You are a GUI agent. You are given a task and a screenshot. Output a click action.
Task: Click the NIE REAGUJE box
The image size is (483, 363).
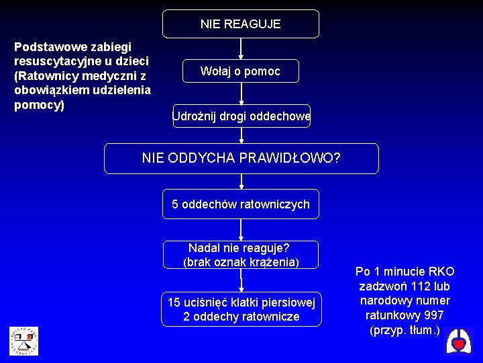pos(241,24)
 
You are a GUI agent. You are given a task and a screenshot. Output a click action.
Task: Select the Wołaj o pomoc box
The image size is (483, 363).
pos(241,71)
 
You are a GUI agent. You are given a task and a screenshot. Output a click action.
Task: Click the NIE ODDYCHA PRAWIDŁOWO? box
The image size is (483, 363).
pos(241,159)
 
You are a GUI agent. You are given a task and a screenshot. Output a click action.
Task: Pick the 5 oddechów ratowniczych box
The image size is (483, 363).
pos(241,204)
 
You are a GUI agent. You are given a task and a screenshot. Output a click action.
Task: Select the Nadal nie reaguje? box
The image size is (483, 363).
pos(241,254)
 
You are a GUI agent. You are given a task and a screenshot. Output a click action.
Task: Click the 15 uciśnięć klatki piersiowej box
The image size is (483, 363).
pos(241,309)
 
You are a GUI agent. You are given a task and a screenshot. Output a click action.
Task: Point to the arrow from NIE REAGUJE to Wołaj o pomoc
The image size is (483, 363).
pos(241,48)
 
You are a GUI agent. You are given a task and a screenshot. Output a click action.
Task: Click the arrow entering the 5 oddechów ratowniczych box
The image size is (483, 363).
pos(241,182)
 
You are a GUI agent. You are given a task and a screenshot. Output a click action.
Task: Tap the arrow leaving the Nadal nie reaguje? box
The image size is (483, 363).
pos(241,280)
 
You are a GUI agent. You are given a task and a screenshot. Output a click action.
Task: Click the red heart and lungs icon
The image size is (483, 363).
pos(459,343)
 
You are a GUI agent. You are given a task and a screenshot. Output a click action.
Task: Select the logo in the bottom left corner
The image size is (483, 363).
pos(23,340)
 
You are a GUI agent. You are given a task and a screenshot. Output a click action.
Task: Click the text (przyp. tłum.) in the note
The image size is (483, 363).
pos(405,330)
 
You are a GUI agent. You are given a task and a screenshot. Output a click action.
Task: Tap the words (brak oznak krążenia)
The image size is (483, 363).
pos(241,261)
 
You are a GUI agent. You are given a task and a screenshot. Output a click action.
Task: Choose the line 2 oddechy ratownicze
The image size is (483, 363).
pos(241,317)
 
